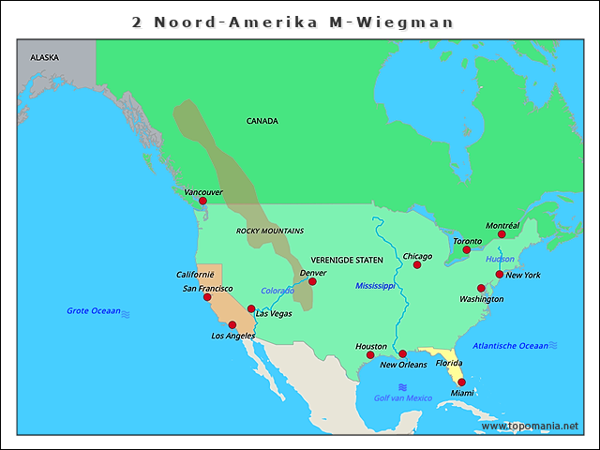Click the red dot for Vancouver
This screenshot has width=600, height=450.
pyautogui.click(x=202, y=201)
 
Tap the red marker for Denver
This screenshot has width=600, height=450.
pyautogui.click(x=312, y=281)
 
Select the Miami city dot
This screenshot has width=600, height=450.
pyautogui.click(x=461, y=382)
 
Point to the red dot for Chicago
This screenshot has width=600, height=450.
pyautogui.click(x=417, y=264)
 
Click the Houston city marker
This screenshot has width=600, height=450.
pyautogui.click(x=370, y=355)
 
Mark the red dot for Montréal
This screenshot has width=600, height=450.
pyautogui.click(x=502, y=234)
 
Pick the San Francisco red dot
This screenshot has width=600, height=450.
pyautogui.click(x=207, y=297)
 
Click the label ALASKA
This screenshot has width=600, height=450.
pyautogui.click(x=44, y=57)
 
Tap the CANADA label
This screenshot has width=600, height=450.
pyautogui.click(x=262, y=121)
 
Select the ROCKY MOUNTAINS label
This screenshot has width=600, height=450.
pyautogui.click(x=270, y=231)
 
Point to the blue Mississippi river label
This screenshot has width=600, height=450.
pyautogui.click(x=376, y=285)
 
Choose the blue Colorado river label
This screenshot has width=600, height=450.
pyautogui.click(x=277, y=291)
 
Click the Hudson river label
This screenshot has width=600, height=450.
pyautogui.click(x=500, y=259)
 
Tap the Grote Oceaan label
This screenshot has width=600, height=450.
pyautogui.click(x=94, y=310)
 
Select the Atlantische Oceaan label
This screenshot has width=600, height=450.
pyautogui.click(x=510, y=346)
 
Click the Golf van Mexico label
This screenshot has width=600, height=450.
pyautogui.click(x=403, y=398)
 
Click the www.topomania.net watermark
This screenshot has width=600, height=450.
pyautogui.click(x=530, y=426)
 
